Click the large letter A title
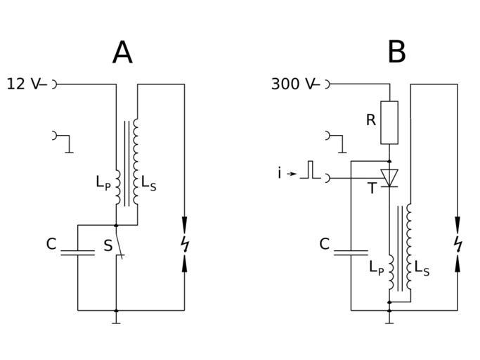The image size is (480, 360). [x=122, y=53]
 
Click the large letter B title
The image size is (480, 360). [x=396, y=53]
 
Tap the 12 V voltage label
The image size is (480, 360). [x=23, y=84]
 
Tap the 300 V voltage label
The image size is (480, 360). [x=292, y=84]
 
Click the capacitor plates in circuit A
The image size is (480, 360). [x=77, y=251]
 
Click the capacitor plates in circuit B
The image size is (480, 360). [x=351, y=251]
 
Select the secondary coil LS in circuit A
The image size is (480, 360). [x=136, y=162]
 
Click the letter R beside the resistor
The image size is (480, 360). [x=371, y=120]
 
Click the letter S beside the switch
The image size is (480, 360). [x=107, y=246]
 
